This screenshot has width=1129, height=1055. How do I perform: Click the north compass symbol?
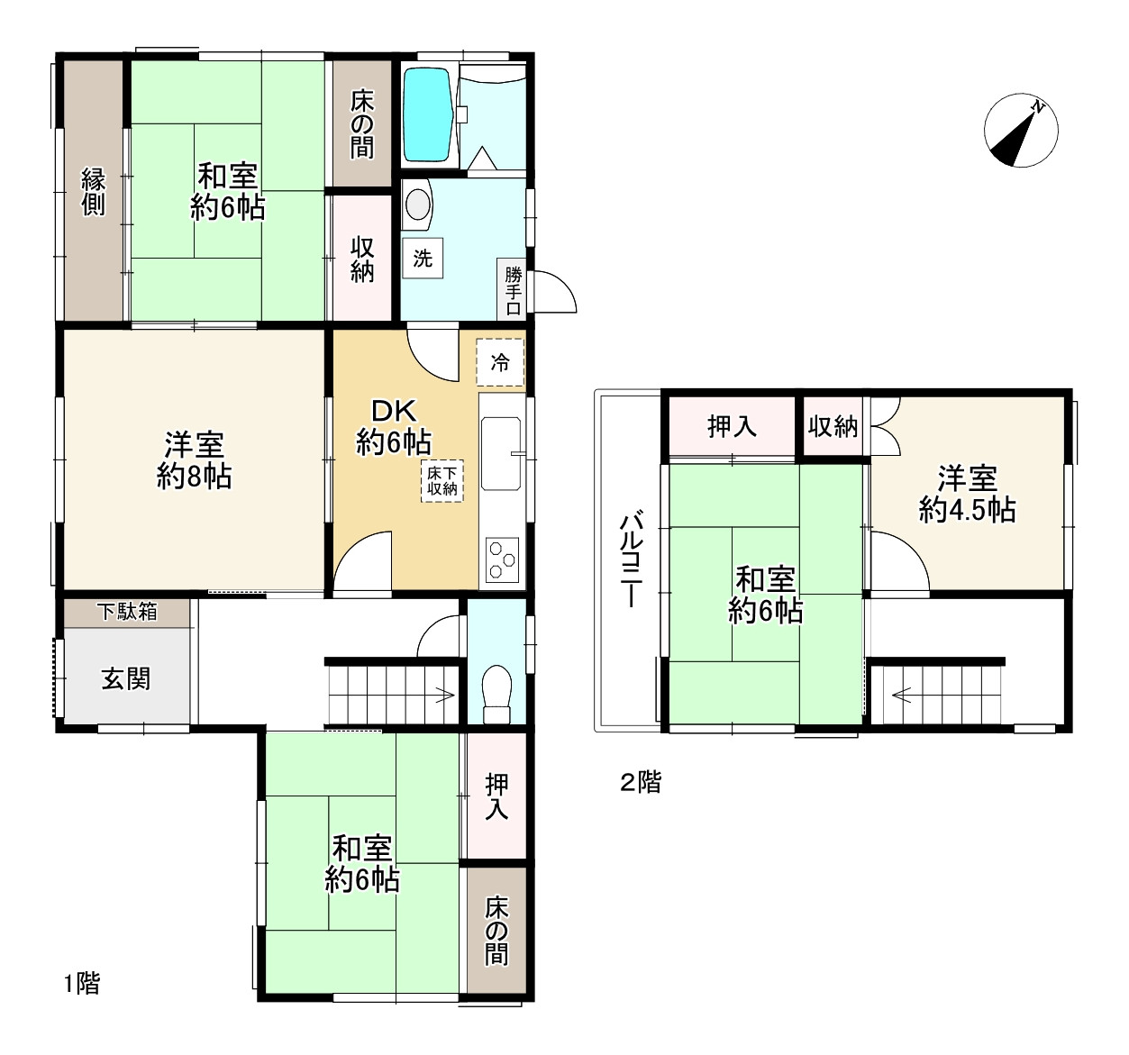click(x=1021, y=130)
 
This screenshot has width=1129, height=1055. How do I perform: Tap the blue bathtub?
click(x=429, y=115)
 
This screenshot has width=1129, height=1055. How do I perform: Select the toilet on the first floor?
click(x=496, y=694)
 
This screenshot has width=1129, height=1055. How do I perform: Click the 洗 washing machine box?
click(x=423, y=259)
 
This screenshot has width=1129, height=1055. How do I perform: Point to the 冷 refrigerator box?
click(x=500, y=363)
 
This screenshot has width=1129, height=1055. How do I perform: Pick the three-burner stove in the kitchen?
click(x=502, y=559)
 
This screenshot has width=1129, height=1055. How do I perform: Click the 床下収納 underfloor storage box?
click(x=442, y=481)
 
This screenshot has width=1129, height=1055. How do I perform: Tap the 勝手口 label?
click(x=513, y=292)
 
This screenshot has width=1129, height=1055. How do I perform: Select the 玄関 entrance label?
click(x=125, y=679)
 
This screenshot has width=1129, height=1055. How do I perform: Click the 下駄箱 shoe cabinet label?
click(x=127, y=612)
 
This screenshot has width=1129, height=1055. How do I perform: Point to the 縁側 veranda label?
click(x=93, y=192)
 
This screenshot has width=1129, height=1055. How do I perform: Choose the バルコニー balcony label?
click(x=631, y=559)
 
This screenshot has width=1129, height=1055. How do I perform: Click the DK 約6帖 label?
click(x=394, y=426)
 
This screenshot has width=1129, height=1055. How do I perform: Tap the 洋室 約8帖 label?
click(x=194, y=461)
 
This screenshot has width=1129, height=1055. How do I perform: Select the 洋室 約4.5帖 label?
click(x=967, y=494)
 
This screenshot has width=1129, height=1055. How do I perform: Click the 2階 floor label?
click(x=641, y=783)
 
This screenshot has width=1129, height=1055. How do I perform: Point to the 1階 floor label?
click(x=81, y=984)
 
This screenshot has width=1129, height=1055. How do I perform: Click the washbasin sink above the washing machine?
click(x=417, y=205)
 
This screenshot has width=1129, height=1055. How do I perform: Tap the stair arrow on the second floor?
click(x=902, y=695)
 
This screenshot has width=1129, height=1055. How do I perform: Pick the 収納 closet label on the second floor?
click(x=833, y=426)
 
